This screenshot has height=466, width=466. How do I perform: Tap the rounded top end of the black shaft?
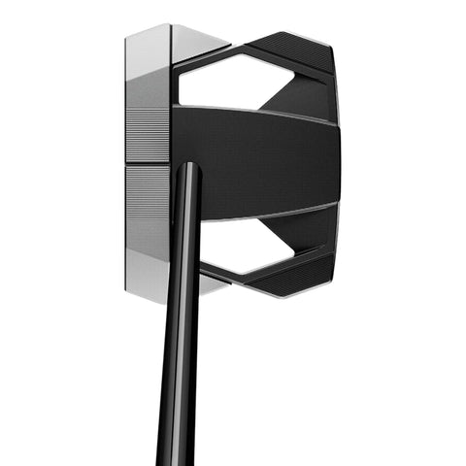click(x=189, y=169)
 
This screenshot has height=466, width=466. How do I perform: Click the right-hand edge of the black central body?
click(x=338, y=160)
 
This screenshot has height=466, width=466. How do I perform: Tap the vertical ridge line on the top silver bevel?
click(x=171, y=44)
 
